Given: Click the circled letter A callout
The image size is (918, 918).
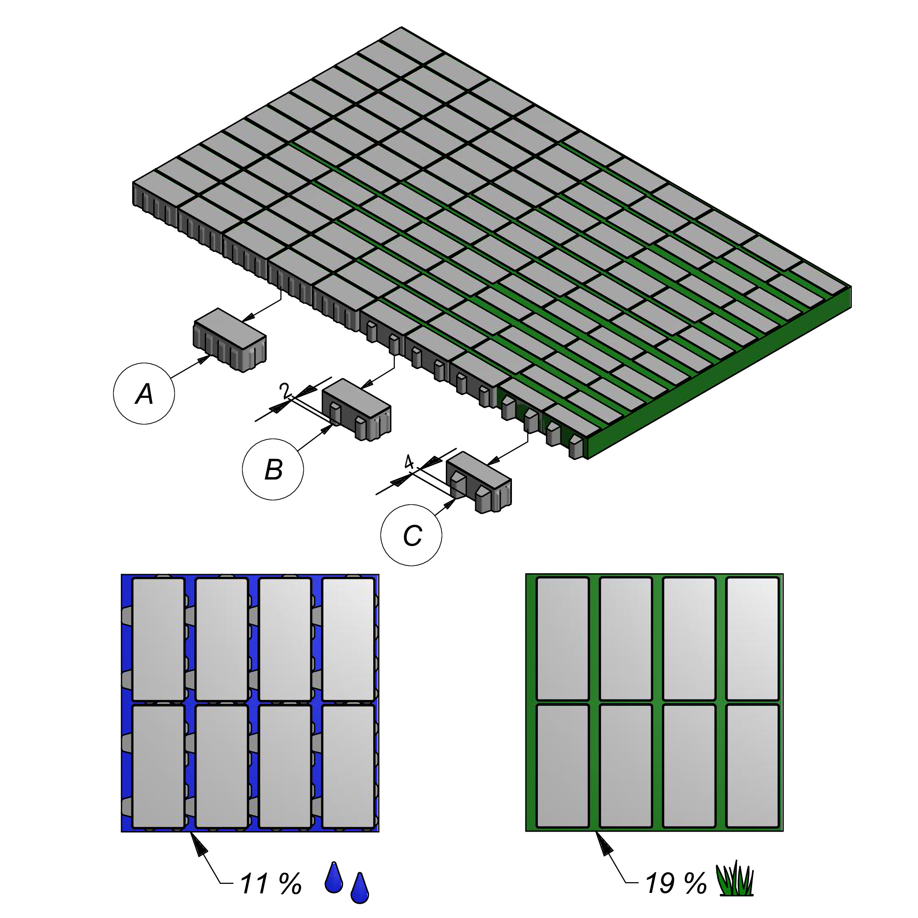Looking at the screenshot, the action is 144,394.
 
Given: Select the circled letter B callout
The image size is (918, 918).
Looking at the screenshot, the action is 273,470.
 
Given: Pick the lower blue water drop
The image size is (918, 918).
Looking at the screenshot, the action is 359,888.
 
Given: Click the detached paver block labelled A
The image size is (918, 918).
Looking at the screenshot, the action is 229,340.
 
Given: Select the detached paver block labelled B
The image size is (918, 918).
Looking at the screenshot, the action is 356,410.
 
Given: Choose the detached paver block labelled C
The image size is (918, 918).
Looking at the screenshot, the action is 479,482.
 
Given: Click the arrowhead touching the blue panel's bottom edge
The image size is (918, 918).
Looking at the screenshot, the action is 199,845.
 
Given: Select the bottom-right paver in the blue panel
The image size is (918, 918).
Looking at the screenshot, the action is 348,766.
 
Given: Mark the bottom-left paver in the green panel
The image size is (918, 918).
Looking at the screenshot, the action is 562,766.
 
